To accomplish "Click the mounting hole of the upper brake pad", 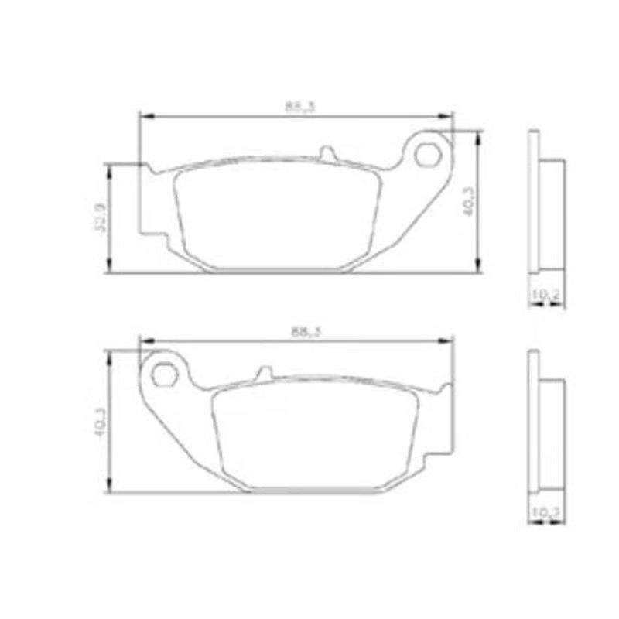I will (426, 154).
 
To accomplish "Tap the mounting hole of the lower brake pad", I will (164, 374).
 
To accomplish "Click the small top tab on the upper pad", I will (328, 154).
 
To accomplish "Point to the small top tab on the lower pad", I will (264, 374).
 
